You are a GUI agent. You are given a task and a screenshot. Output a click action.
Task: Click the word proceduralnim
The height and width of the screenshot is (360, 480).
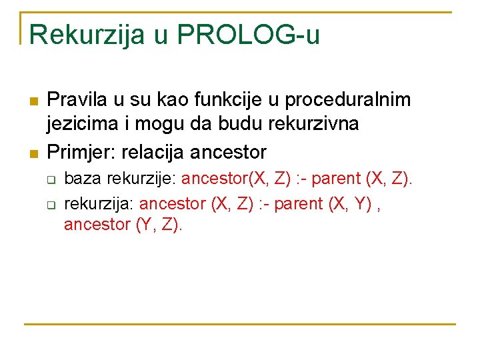pyautogui.click(x=348, y=100)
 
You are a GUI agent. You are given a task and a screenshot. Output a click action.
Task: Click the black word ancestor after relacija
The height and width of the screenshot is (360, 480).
pyautogui.click(x=228, y=152)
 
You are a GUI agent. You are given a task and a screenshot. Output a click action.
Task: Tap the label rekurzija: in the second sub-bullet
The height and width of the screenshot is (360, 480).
pyautogui.click(x=99, y=203)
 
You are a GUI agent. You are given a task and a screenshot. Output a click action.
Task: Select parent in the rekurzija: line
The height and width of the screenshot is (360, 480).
pyautogui.click(x=298, y=203)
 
